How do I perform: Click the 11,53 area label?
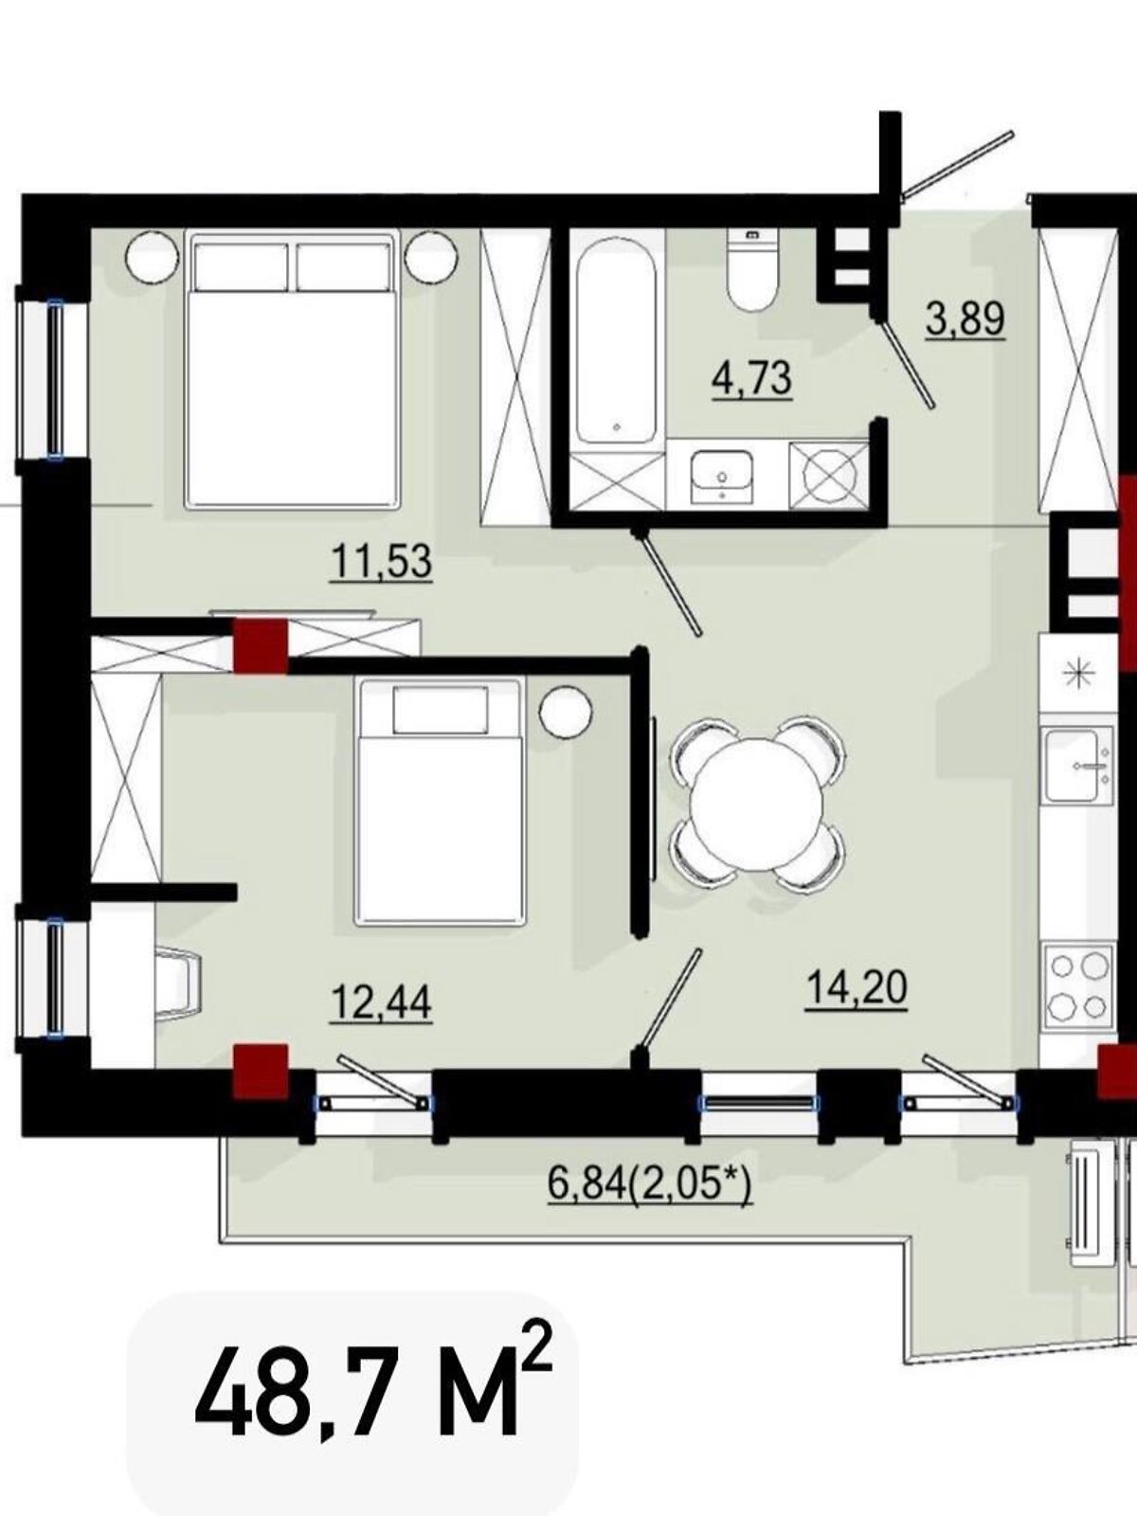pos(382,562)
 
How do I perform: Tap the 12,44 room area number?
pos(382,1002)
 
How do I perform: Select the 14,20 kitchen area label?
pos(856,990)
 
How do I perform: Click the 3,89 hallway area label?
pos(966,319)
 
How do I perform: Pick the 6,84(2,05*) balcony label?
pos(650,1186)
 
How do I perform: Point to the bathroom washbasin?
pos(722,476)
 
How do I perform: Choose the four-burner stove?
pos(1079,987)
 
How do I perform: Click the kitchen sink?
pos(1078,766)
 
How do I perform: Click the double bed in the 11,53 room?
pos(293,370)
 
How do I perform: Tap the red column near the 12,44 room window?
pos(261,1072)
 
